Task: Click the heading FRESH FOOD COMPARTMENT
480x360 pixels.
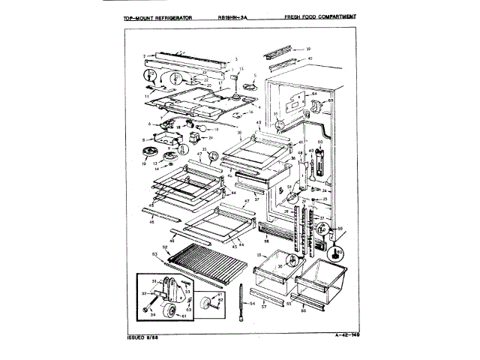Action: coord(320,16)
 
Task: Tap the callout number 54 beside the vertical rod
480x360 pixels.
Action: coord(252,304)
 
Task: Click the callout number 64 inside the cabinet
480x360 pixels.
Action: coord(315,94)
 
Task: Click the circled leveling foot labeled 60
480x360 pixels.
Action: coord(339,253)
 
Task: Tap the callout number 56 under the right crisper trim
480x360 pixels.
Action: coord(304,310)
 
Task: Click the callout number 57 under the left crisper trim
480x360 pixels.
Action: coord(263,307)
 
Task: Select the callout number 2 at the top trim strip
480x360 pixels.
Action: coord(143,56)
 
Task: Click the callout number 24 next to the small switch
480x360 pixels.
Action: coord(211,137)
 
